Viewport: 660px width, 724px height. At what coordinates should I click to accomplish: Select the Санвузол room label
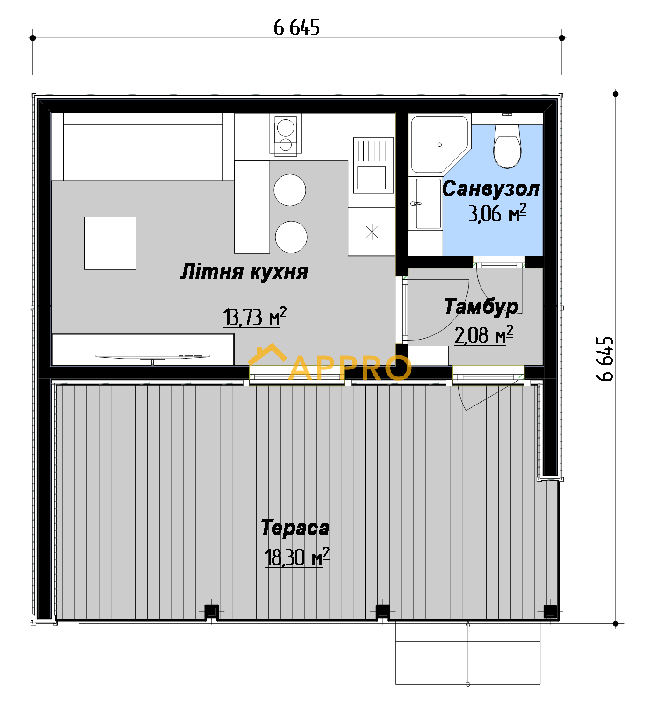point(491,188)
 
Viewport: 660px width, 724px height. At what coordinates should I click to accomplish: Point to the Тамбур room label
point(481,306)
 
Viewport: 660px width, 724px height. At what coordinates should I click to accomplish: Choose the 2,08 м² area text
point(484,335)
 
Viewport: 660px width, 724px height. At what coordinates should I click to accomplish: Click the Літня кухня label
point(244,271)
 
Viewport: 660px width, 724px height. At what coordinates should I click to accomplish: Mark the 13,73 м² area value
point(255,317)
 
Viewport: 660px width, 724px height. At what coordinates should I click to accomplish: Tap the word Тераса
point(295,528)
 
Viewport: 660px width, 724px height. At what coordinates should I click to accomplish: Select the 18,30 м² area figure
point(297,557)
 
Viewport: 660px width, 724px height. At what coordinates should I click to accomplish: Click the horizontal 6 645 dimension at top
point(297,27)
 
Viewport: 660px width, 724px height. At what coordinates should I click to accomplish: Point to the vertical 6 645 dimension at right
point(605,359)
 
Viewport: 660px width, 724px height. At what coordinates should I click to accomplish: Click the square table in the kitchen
point(110,243)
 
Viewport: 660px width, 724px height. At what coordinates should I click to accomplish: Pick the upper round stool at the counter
point(290,190)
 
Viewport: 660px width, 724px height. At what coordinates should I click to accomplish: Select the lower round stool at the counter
point(291,237)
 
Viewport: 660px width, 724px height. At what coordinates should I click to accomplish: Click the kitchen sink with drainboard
point(373,165)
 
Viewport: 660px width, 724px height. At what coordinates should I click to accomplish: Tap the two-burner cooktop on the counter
point(286,134)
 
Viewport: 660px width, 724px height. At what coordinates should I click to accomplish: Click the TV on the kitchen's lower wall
point(153,358)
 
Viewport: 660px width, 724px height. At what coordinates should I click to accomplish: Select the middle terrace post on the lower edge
point(383,611)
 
